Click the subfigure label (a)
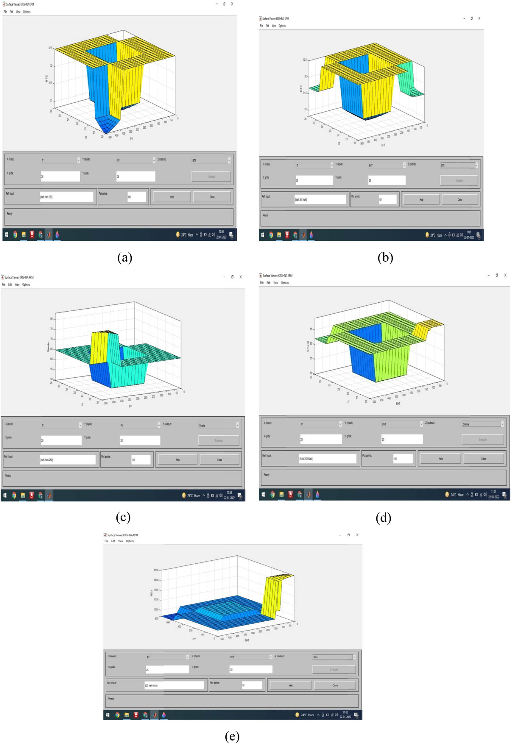(x=125, y=258)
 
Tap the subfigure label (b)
(x=385, y=258)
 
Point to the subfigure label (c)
(x=123, y=517)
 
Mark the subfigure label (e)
(x=232, y=736)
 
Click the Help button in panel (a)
(x=172, y=197)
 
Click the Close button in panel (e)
(x=335, y=685)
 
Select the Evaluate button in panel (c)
(x=219, y=440)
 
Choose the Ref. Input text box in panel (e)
(x=174, y=685)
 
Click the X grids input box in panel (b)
(x=314, y=180)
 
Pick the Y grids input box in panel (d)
(x=402, y=439)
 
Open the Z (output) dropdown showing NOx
(x=334, y=657)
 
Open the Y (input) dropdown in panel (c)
(x=140, y=425)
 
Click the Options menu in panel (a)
(x=27, y=12)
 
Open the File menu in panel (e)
(x=106, y=541)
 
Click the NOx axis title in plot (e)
(x=152, y=593)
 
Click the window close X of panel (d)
(x=505, y=275)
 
